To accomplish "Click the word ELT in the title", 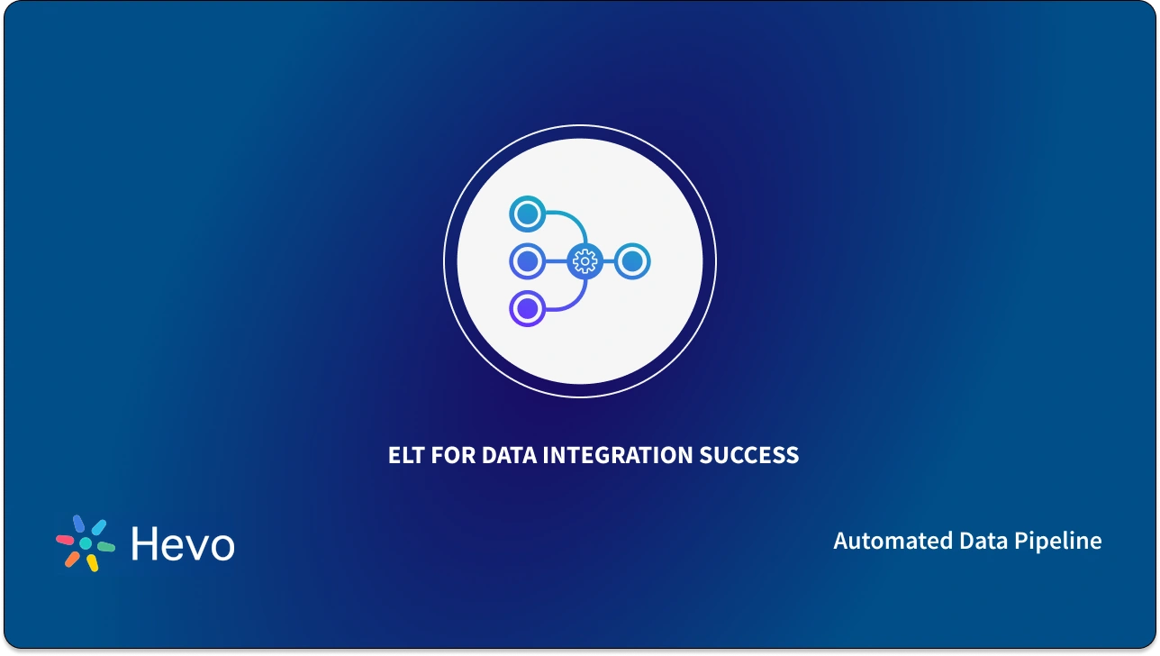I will (407, 455).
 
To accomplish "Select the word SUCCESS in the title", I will (750, 455).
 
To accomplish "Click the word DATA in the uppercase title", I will (509, 455).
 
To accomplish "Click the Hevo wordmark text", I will (182, 544).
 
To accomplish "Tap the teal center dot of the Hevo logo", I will (86, 544).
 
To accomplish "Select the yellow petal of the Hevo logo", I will (91, 562).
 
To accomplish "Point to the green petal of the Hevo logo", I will (105, 546).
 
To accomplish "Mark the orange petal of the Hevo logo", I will (72, 559).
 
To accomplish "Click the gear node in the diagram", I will (585, 261).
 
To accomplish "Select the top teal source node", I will (528, 214).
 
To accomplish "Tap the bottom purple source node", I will (528, 309).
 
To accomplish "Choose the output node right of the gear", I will (632, 261).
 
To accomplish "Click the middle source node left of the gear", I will (528, 261).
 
